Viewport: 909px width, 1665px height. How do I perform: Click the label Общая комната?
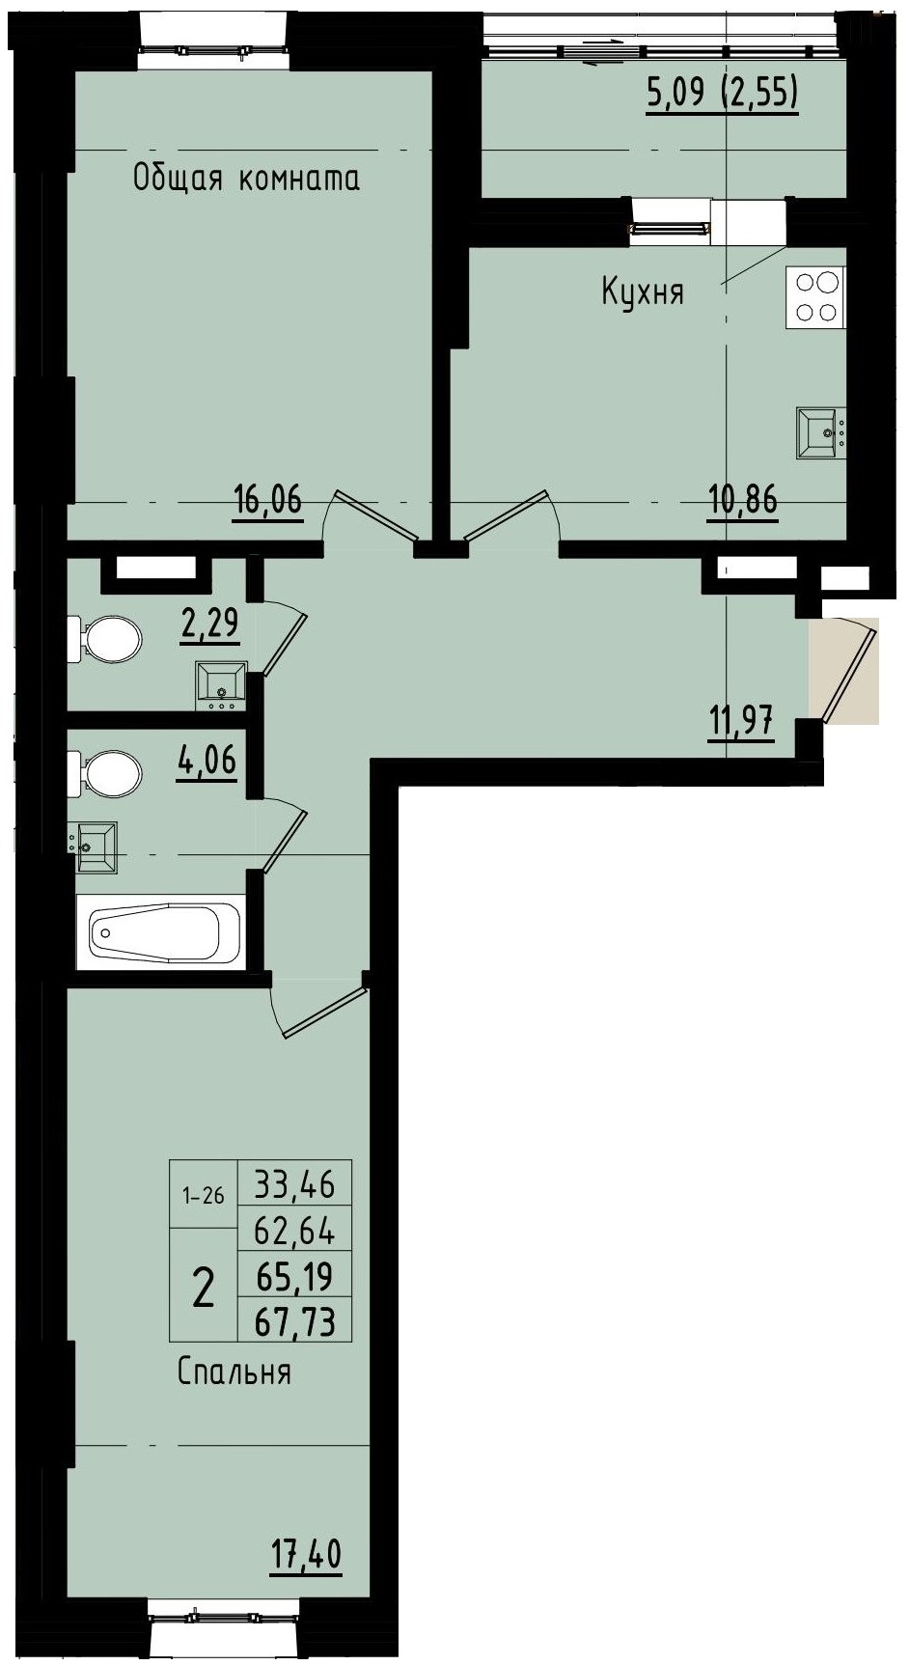[246, 179]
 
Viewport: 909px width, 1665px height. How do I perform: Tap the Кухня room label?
[643, 291]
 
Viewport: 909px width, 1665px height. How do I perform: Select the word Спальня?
[234, 1372]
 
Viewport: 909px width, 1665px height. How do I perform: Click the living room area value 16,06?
[267, 501]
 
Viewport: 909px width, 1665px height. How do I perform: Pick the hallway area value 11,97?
[740, 721]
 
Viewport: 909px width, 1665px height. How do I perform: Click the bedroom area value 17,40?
[306, 1556]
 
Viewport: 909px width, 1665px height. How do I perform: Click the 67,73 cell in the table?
[294, 1320]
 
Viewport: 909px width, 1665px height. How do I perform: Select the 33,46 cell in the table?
[294, 1182]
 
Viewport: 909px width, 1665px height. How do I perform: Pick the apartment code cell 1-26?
[204, 1196]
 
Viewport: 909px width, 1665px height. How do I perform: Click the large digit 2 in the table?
[204, 1288]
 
